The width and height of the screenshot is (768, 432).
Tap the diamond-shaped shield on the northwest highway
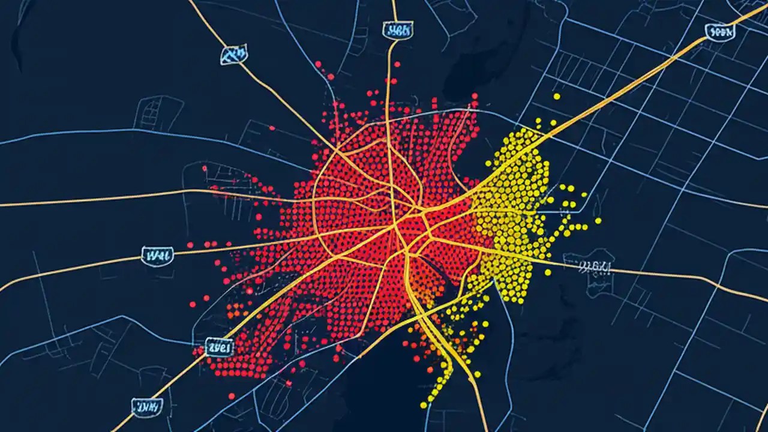233,55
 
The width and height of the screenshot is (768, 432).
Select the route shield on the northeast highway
719,32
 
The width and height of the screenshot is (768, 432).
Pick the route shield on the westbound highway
157,255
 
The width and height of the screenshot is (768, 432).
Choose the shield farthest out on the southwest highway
148,409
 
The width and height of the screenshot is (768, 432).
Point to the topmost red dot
318,64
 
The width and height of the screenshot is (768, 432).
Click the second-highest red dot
330,77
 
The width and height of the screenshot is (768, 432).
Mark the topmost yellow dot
556,96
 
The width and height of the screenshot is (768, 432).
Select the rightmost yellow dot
598,221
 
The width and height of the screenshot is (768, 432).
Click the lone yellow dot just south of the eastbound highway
548,272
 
